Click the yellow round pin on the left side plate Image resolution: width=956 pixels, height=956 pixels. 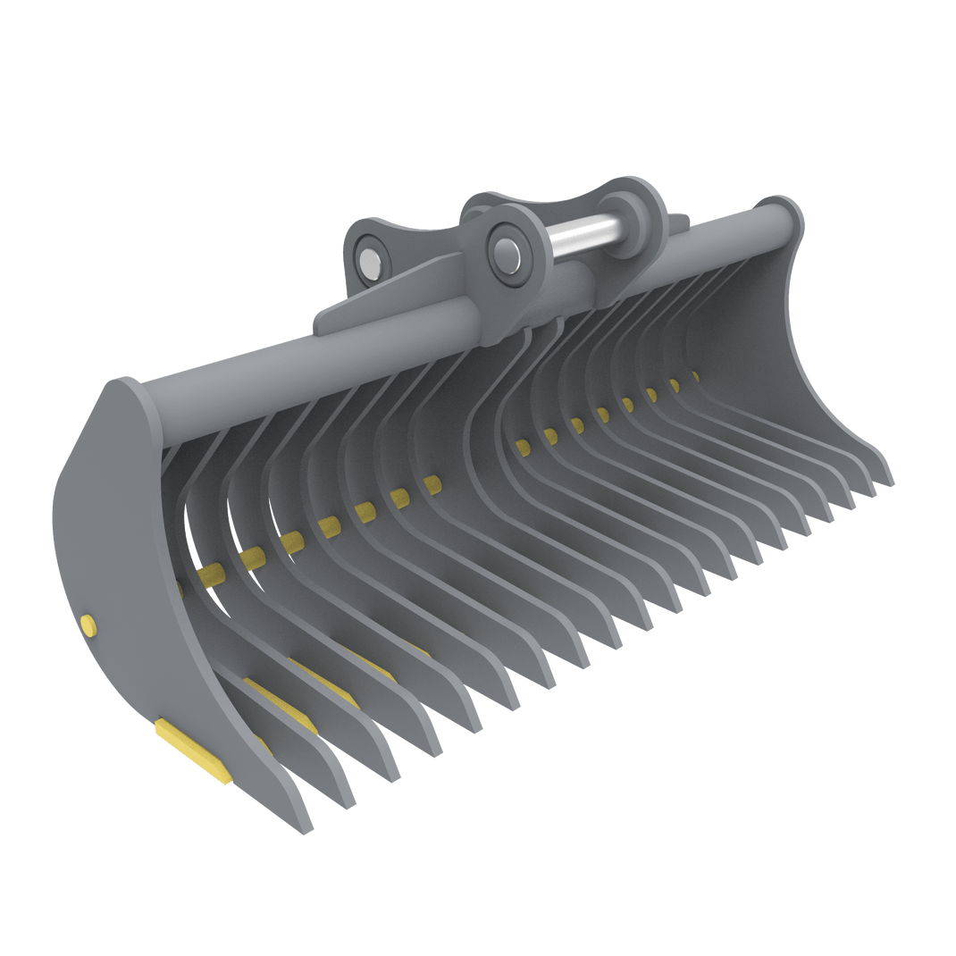(88, 626)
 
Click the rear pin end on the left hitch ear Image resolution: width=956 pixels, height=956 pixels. (366, 259)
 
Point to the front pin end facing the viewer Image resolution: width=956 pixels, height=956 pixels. (507, 255)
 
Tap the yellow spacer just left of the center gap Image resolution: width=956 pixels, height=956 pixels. (432, 484)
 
